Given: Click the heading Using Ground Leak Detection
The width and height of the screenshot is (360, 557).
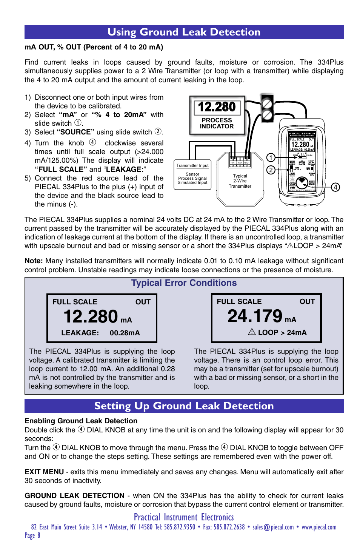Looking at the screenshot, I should (184, 32).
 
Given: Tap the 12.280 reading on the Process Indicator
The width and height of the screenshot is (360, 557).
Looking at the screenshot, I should (217, 107).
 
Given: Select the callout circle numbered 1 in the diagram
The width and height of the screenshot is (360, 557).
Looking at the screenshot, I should (271, 157).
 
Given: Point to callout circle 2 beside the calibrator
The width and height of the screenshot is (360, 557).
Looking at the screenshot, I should (271, 170).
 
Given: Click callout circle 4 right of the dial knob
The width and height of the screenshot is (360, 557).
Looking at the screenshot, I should (335, 187).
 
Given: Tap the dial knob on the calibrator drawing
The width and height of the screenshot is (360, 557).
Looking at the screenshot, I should (302, 184).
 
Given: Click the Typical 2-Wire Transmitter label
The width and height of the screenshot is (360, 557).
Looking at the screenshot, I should (240, 181).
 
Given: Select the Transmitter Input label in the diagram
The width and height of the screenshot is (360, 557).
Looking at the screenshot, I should (192, 165).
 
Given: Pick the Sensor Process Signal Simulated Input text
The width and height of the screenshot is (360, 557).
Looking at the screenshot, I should (192, 178).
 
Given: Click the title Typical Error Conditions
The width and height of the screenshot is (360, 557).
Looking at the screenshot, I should (184, 283).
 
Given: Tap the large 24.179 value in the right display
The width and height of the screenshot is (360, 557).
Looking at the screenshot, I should (255, 316).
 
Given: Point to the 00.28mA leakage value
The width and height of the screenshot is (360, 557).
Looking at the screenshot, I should (125, 333).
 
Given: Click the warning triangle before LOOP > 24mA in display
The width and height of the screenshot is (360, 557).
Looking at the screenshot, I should (252, 332).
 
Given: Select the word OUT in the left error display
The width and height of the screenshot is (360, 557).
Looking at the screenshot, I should (143, 302).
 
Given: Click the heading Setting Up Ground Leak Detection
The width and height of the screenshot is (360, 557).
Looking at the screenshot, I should (184, 406).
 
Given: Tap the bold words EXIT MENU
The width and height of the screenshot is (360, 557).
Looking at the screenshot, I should (44, 472).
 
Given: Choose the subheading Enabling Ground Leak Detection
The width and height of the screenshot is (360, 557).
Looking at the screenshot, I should (81, 421).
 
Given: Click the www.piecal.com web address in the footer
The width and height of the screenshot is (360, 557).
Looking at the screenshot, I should (319, 527).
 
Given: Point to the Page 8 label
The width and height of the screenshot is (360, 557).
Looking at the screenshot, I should (32, 535).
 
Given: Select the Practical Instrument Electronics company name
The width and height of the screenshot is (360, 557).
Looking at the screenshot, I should (184, 517).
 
